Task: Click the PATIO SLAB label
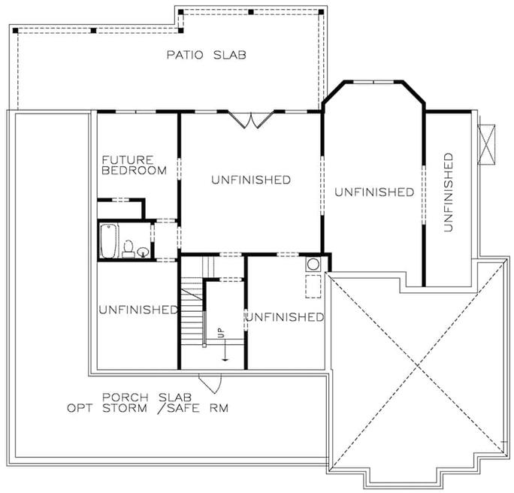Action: click(x=206, y=55)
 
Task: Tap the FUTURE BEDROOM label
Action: click(x=134, y=165)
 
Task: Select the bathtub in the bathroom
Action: click(x=108, y=241)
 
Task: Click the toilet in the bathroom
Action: click(x=128, y=249)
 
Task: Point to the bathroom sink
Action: click(x=143, y=252)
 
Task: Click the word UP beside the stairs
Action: click(x=222, y=333)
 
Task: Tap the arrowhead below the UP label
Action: click(x=225, y=359)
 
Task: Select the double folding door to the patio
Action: click(x=251, y=120)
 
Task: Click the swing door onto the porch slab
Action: click(x=210, y=383)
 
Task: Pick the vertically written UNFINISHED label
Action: click(x=449, y=192)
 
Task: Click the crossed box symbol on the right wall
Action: click(x=486, y=144)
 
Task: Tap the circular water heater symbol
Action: click(x=313, y=265)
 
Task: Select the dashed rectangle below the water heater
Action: click(x=313, y=286)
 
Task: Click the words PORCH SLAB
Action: click(x=147, y=398)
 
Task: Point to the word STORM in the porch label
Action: click(x=125, y=408)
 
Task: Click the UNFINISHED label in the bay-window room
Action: click(x=374, y=192)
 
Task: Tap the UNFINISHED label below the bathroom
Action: click(x=138, y=310)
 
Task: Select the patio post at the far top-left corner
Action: click(x=16, y=31)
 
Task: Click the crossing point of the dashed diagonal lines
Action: click(x=417, y=366)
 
